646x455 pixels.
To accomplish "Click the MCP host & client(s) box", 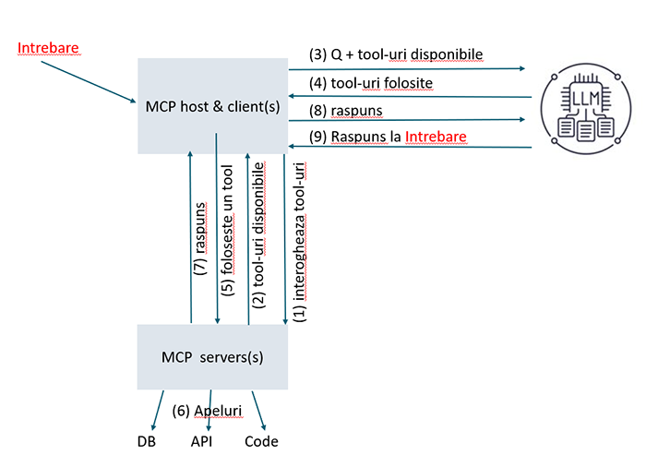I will tap(212, 106).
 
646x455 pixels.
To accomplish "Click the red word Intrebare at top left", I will tap(48, 47).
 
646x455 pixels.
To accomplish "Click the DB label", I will tap(146, 441).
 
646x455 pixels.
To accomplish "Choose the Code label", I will tap(261, 441).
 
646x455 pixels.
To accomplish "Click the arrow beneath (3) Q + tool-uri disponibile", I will tap(406, 69).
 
